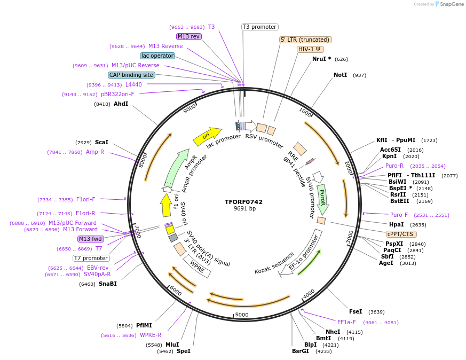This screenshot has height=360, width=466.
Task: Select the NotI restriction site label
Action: (x=340, y=75)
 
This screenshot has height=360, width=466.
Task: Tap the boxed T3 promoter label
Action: (x=259, y=27)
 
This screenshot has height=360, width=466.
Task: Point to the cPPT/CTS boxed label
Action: (x=401, y=234)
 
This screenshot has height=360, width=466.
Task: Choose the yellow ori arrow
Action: (x=207, y=137)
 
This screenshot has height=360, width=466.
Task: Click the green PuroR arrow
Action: (x=322, y=199)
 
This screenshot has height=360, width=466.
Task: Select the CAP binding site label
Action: (x=131, y=75)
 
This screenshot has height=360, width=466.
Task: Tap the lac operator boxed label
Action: (x=157, y=56)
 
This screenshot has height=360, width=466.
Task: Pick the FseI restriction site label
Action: (x=356, y=311)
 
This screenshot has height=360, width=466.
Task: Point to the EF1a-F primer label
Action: (x=346, y=322)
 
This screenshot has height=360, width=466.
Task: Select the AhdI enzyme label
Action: (x=121, y=104)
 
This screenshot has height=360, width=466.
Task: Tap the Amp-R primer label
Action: (x=95, y=152)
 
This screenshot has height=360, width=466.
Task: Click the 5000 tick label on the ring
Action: (x=242, y=315)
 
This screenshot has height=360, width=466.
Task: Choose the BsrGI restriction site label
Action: (x=300, y=351)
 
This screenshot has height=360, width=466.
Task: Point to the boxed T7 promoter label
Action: (x=91, y=259)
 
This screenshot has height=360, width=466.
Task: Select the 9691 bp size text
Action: (x=244, y=209)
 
